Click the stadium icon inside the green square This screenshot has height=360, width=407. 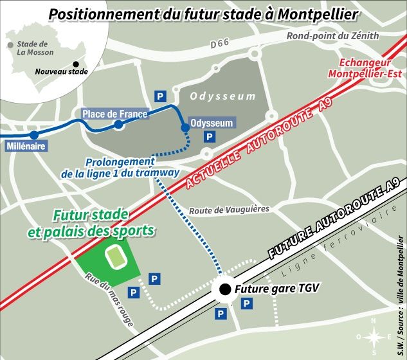click(116, 258)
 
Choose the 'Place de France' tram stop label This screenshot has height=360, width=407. click(114, 114)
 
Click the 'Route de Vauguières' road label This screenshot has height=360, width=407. click(229, 210)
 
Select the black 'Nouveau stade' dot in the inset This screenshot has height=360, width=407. click(77, 64)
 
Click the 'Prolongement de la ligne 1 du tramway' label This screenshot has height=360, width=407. click(120, 168)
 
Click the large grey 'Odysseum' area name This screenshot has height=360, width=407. click(222, 96)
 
